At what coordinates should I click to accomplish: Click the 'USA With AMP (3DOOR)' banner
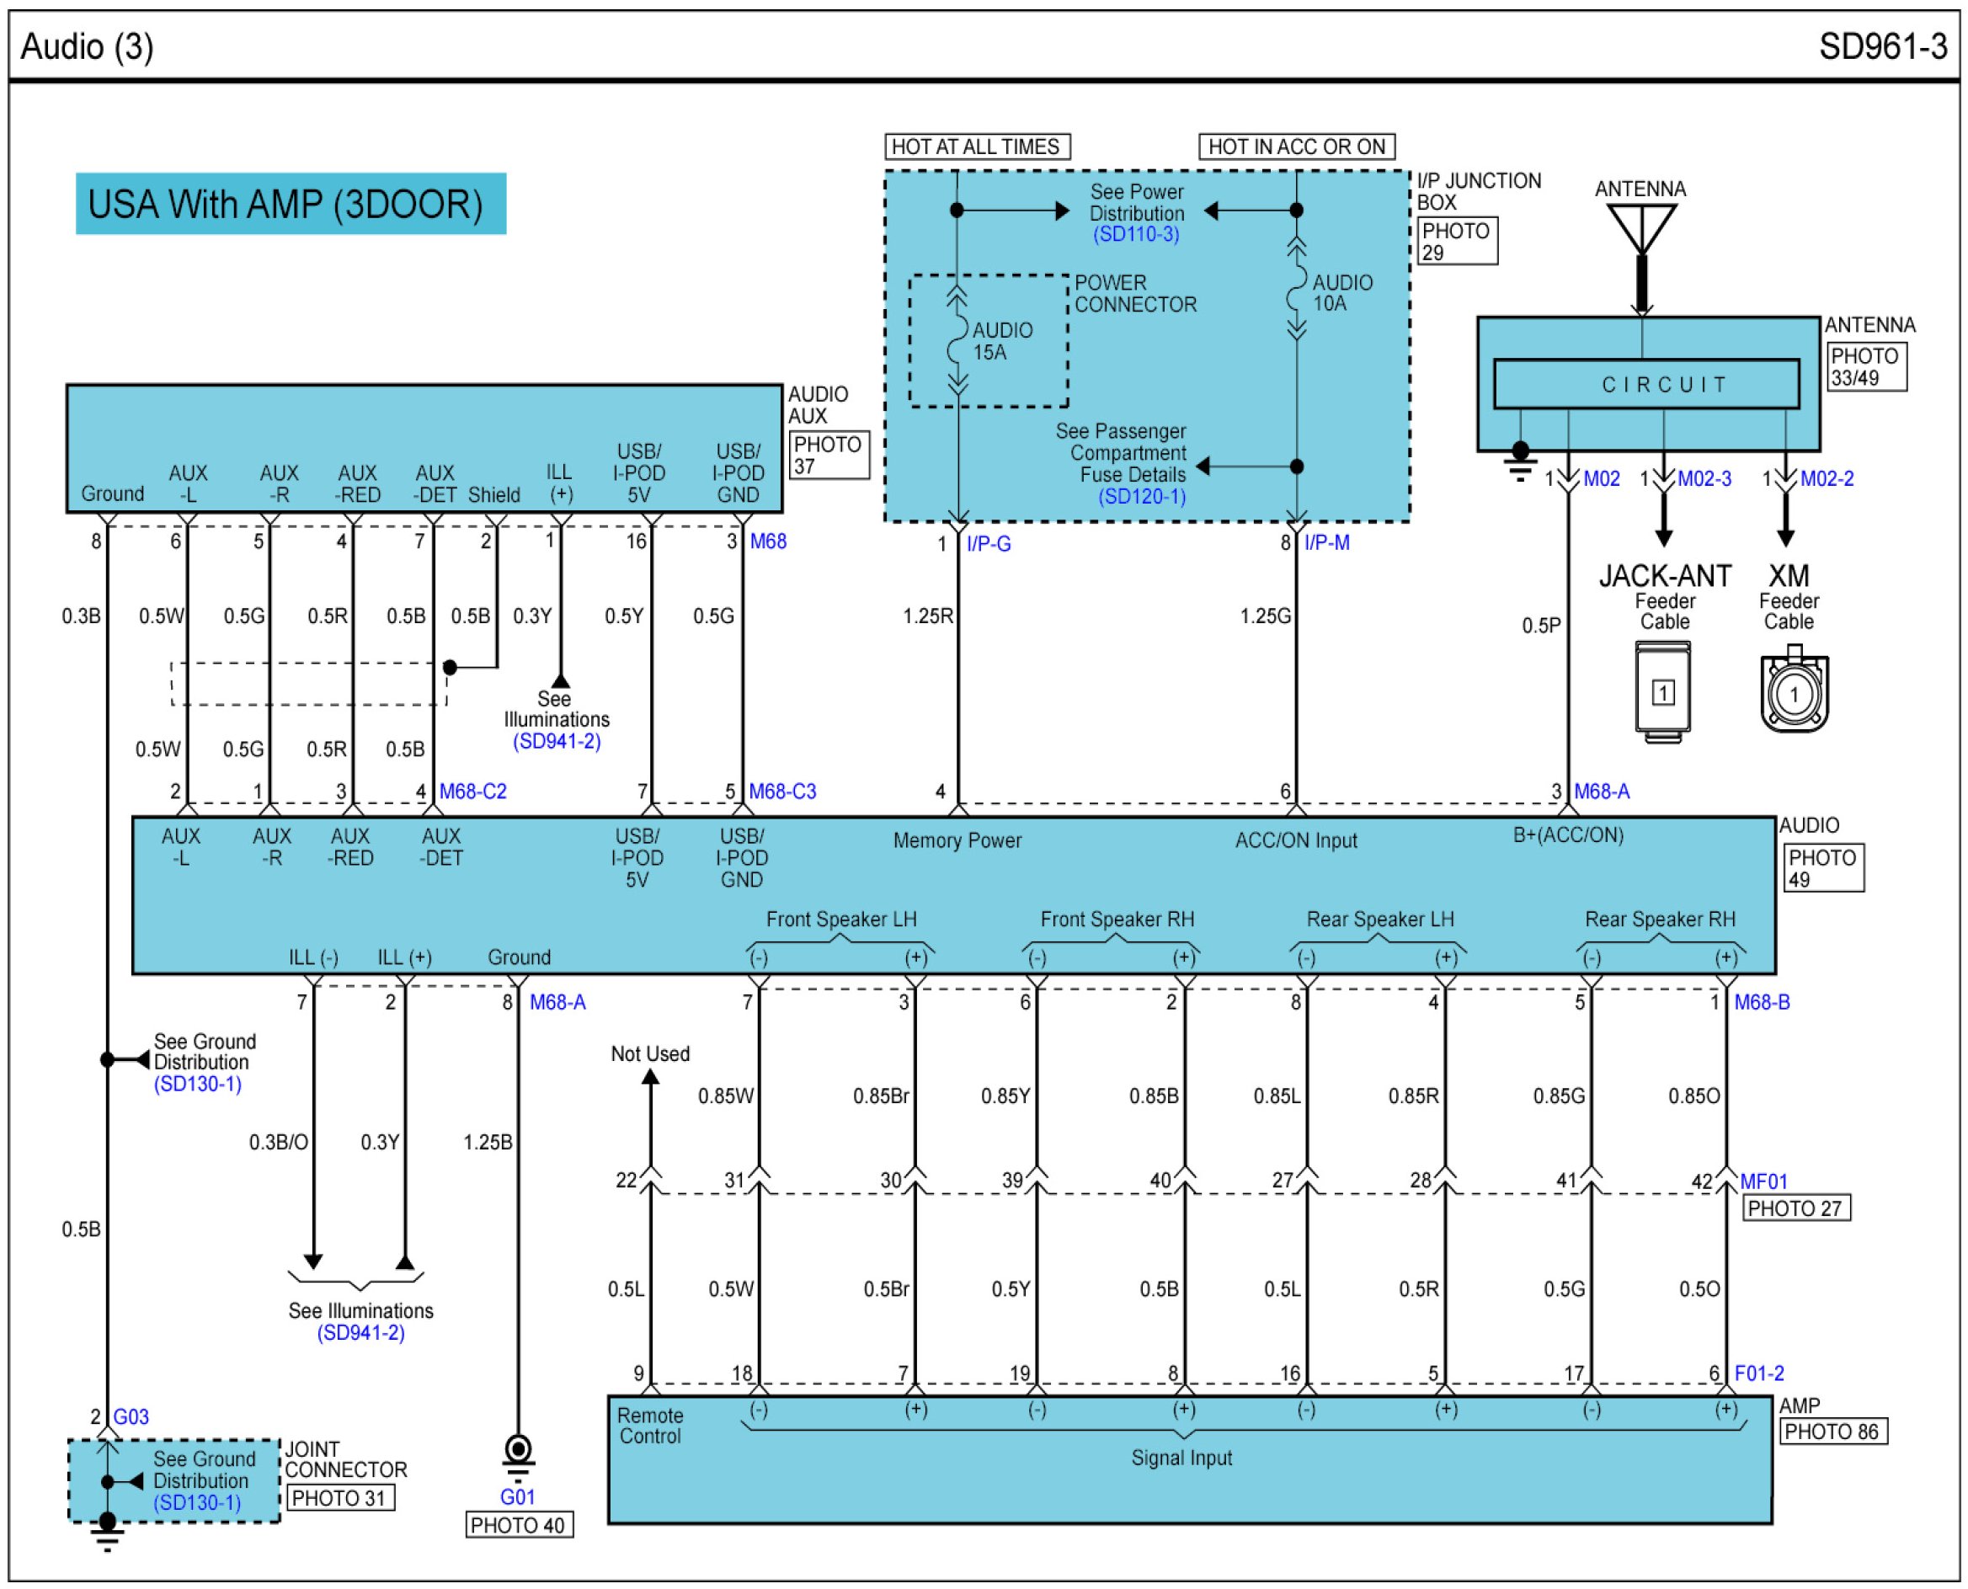[x=291, y=203]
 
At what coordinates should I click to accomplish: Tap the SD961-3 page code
[x=1882, y=45]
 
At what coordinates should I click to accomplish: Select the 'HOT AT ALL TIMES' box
[x=976, y=147]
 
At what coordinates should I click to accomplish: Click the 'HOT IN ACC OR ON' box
[x=1295, y=147]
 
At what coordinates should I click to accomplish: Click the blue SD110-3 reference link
[x=1135, y=234]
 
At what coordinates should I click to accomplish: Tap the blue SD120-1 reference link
[x=1141, y=496]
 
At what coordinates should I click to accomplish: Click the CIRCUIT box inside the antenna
[x=1645, y=385]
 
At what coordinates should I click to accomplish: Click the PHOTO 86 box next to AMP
[x=1833, y=1432]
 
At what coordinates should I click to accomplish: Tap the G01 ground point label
[x=517, y=1496]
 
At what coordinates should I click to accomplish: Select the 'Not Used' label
[x=650, y=1053]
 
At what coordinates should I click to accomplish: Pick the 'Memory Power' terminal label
[x=957, y=840]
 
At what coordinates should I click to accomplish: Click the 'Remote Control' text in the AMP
[x=649, y=1425]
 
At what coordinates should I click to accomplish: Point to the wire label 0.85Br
[x=881, y=1096]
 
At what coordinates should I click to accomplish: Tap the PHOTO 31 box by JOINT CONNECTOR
[x=340, y=1498]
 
